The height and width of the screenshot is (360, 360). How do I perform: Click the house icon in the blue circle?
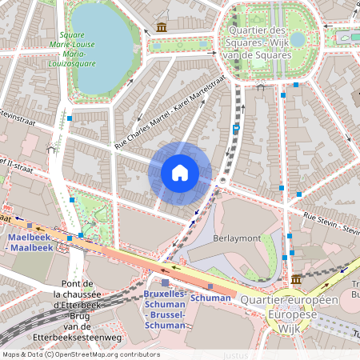(x=180, y=173)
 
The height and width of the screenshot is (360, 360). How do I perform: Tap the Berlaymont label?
(x=238, y=238)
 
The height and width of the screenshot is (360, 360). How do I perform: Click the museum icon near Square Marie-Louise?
(x=162, y=28)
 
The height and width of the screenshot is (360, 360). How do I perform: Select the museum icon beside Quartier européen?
(x=297, y=279)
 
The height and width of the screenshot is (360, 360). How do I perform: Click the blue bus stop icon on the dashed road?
(x=236, y=128)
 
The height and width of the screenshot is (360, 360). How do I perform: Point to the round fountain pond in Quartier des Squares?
(x=298, y=39)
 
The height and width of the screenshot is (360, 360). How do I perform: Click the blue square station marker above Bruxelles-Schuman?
(x=165, y=283)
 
